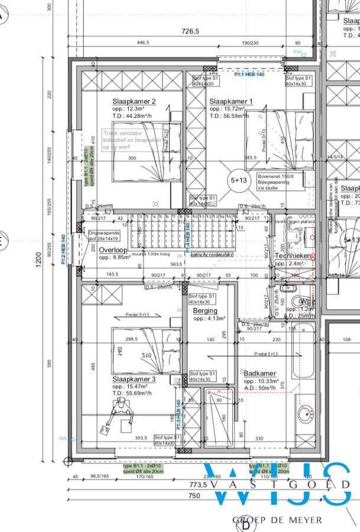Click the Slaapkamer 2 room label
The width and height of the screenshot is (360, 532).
(134, 102)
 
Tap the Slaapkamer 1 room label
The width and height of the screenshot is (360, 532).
(231, 102)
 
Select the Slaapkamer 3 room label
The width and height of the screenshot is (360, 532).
(134, 378)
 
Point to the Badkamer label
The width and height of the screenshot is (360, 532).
(260, 373)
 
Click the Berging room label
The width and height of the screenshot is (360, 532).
(205, 310)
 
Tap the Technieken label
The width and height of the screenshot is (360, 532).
(293, 255)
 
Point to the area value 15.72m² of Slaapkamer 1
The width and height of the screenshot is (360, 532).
(231, 109)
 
